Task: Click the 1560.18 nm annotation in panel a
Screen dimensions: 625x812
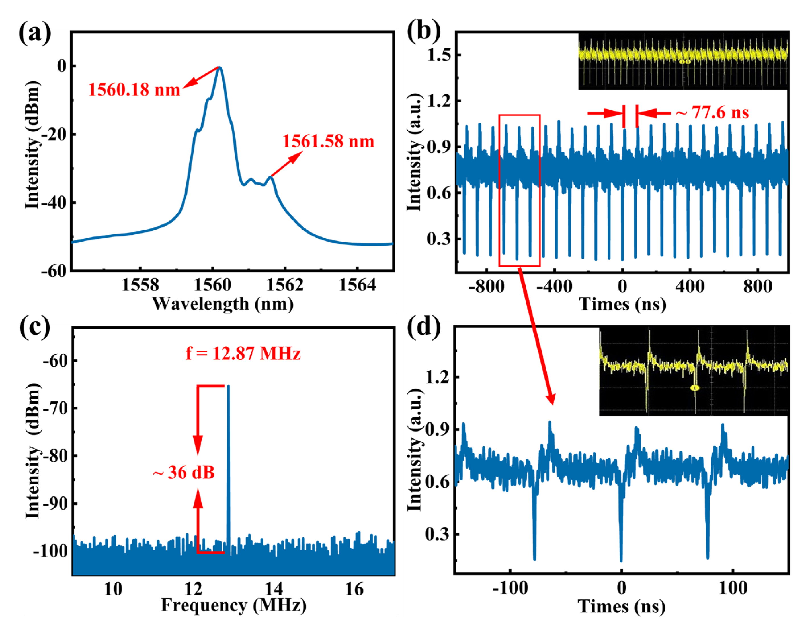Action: click(x=134, y=90)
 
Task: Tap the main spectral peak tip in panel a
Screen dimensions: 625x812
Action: click(x=220, y=68)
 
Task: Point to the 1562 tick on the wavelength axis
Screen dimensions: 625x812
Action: click(x=285, y=285)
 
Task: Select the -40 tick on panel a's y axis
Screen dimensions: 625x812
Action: click(x=54, y=203)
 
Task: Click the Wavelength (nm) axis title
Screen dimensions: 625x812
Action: click(x=223, y=304)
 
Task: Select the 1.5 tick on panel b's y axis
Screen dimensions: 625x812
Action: click(x=439, y=55)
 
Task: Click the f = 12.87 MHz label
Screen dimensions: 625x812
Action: click(x=243, y=353)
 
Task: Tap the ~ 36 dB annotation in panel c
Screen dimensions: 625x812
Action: click(x=184, y=472)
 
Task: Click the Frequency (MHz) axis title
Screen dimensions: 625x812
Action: click(x=233, y=605)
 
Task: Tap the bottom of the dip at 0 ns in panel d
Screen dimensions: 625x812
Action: click(x=621, y=560)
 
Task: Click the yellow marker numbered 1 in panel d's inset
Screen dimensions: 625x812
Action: click(x=694, y=388)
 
